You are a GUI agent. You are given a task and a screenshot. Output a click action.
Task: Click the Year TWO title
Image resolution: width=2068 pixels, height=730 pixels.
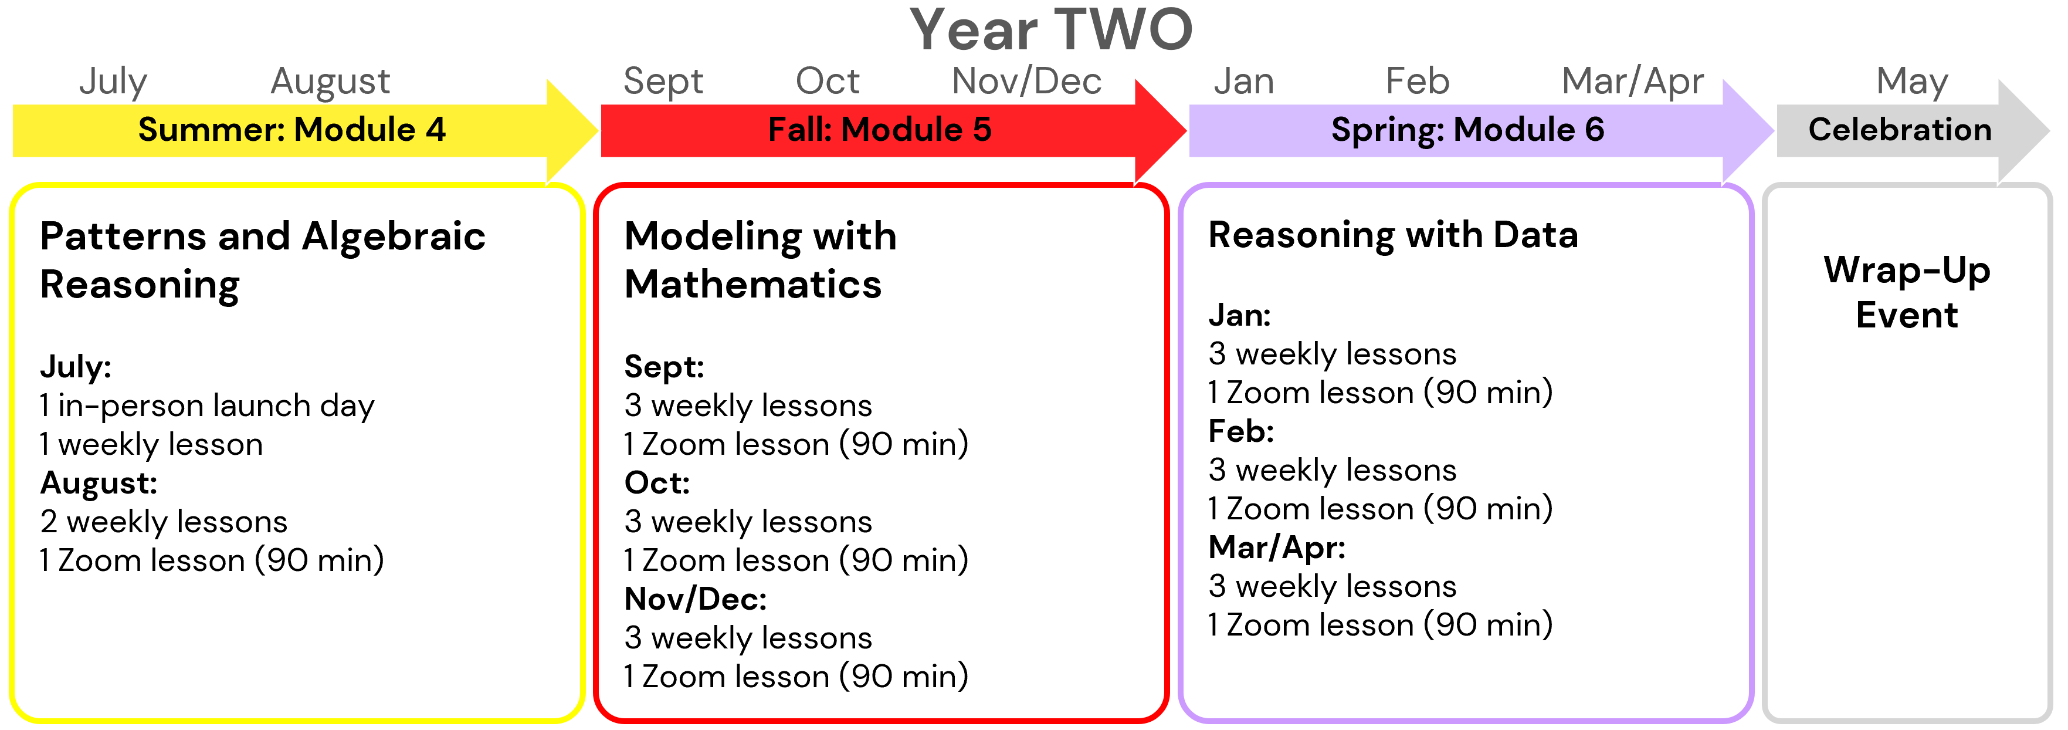coord(1051,30)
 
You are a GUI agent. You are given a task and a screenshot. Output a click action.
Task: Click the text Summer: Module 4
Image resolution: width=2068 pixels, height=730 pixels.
coord(291,129)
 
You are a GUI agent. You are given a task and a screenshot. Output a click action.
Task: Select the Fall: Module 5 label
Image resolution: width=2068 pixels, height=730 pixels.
coord(879,129)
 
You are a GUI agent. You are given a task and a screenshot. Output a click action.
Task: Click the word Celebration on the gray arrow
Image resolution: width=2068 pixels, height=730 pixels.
coord(1900,129)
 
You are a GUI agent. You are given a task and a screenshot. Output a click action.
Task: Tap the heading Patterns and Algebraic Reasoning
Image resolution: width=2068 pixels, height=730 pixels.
coord(263,260)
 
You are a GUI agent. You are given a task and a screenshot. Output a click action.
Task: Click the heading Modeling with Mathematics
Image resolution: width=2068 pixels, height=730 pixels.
coord(760,260)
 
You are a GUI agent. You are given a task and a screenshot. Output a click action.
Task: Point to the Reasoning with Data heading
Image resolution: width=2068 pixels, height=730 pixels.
coord(1393,236)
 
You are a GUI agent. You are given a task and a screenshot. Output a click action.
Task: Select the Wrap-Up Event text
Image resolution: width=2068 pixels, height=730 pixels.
coord(1907,292)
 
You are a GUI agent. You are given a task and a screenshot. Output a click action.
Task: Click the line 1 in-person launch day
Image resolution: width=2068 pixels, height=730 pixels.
coord(207,406)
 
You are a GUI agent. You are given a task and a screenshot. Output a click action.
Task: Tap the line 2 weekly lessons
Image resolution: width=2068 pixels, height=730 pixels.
coord(164,522)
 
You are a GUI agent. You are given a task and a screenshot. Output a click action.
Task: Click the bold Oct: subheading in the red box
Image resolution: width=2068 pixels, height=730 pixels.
coord(657,482)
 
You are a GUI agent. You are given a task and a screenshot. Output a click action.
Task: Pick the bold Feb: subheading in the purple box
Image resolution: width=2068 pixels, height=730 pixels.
coord(1241,432)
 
